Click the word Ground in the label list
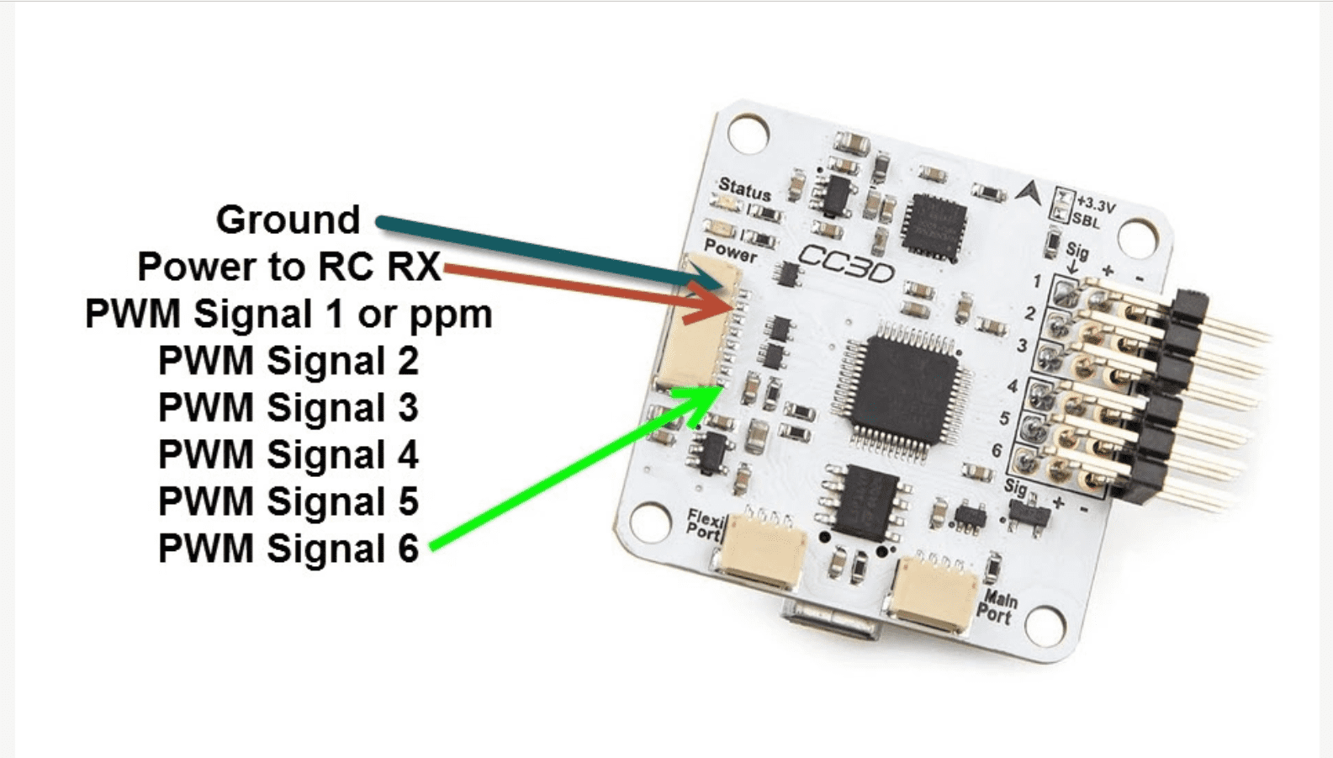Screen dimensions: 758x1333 tap(288, 220)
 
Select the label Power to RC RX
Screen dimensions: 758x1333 tap(288, 267)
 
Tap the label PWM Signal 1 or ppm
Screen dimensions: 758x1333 tap(288, 314)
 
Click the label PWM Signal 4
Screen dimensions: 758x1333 tap(288, 454)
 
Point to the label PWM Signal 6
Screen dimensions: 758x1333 tap(288, 549)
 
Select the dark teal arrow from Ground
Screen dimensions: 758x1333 tap(547, 248)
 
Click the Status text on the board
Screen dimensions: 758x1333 tap(744, 189)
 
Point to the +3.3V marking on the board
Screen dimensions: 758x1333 tap(1096, 204)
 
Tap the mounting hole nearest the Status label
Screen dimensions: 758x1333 tap(748, 133)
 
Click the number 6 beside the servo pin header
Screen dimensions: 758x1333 tap(997, 451)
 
